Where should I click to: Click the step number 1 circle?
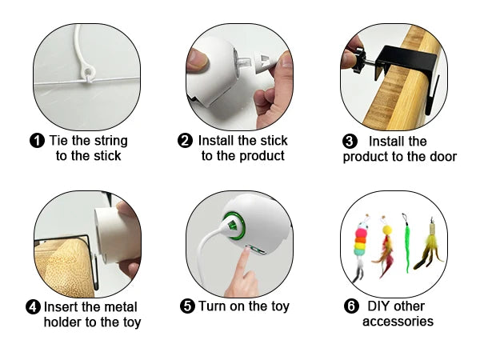pos(37,141)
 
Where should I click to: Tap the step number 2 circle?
pos(186,141)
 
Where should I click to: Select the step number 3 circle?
pos(350,141)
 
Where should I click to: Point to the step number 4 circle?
pos(33,306)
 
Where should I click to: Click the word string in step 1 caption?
pos(106,141)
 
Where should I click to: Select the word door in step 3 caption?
pos(440,156)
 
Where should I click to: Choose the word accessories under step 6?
pos(398,322)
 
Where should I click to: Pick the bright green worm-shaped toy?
pos(408,244)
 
